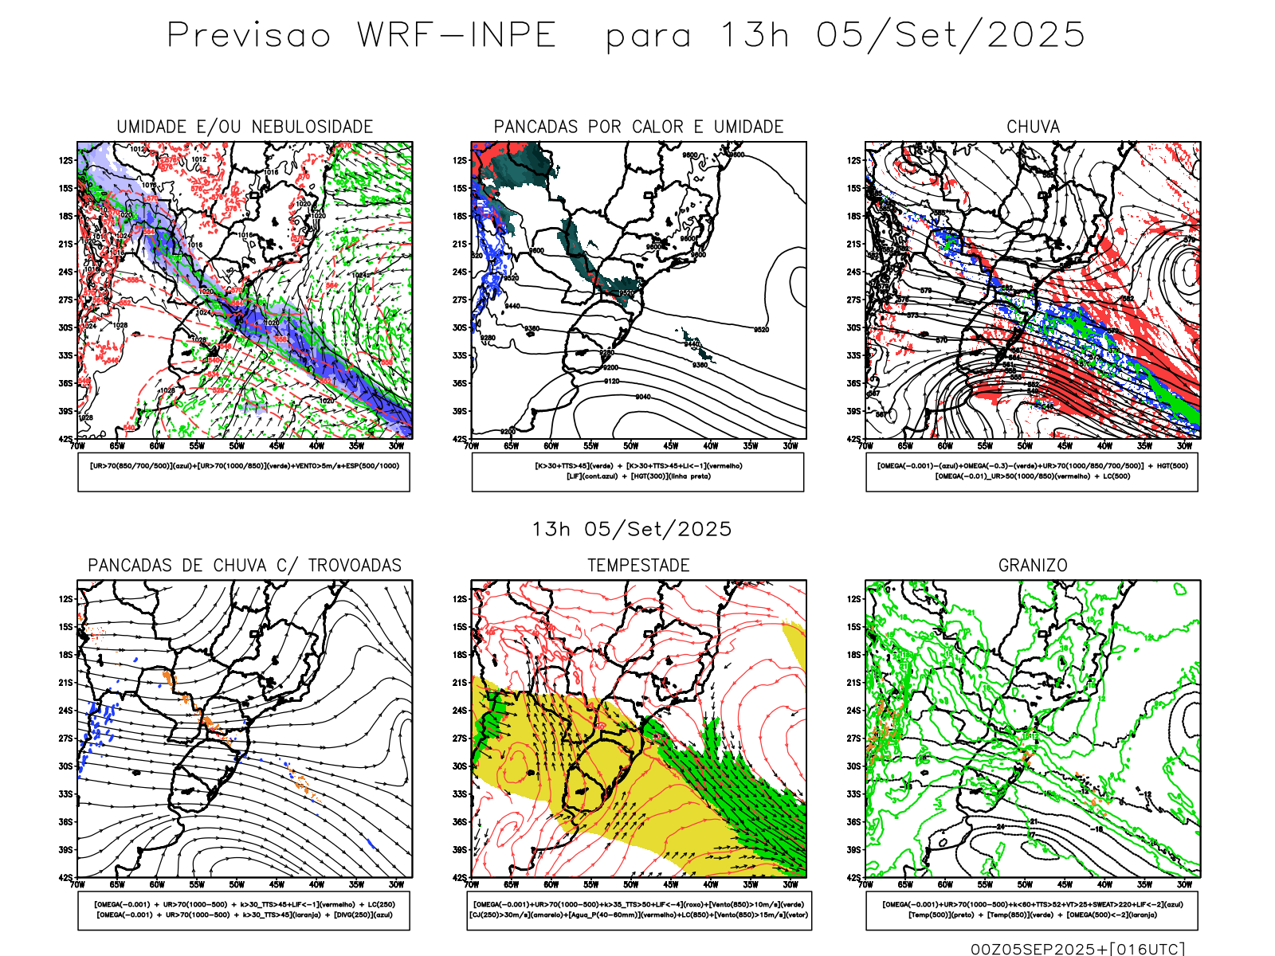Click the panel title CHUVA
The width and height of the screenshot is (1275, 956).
(x=1033, y=127)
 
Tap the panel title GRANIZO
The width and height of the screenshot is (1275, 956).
(x=1033, y=566)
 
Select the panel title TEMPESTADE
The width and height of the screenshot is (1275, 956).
(x=638, y=566)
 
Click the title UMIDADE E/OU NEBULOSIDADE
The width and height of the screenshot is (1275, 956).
(x=245, y=127)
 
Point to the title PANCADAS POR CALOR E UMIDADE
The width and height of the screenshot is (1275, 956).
(x=638, y=127)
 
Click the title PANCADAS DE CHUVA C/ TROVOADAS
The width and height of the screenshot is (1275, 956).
(x=245, y=566)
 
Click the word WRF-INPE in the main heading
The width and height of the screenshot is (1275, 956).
(x=457, y=35)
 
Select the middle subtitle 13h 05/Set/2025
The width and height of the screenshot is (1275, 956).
(x=632, y=529)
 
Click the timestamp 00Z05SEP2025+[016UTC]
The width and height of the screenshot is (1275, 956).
(x=1077, y=948)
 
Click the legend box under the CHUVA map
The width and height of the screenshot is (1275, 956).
(x=1032, y=472)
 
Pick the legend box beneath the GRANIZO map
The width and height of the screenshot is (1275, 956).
(x=1032, y=910)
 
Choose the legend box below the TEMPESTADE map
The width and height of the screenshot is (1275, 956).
(x=638, y=910)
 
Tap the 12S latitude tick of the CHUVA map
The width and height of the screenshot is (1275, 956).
(x=853, y=160)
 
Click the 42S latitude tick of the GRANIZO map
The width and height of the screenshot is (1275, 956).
(x=853, y=877)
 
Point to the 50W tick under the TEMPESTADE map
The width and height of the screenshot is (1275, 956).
(x=630, y=884)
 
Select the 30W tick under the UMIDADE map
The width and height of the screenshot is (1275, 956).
(x=396, y=446)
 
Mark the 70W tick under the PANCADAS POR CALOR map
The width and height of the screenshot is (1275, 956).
(x=472, y=446)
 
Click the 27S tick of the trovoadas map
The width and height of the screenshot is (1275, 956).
(x=65, y=739)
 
